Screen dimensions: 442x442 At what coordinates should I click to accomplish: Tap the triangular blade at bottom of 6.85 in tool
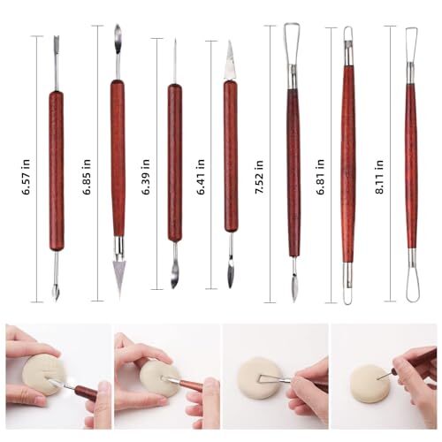(117, 269)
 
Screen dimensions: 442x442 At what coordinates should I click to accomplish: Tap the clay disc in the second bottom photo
(160, 375)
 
